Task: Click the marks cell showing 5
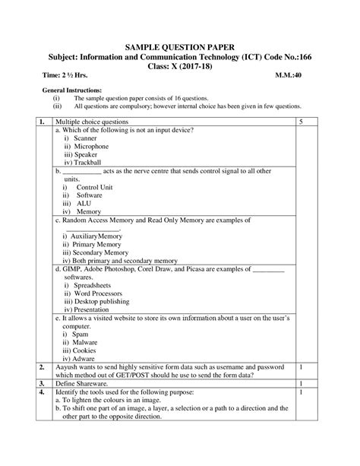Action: click(x=302, y=122)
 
